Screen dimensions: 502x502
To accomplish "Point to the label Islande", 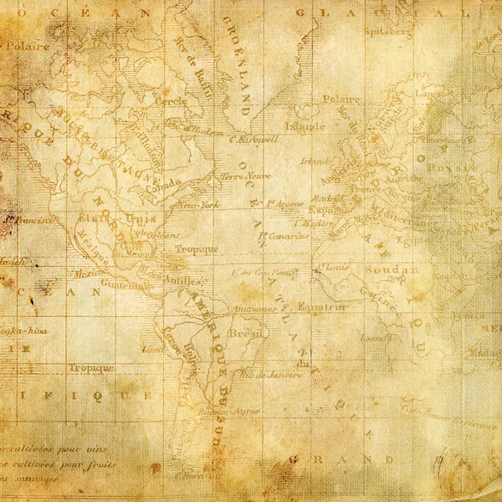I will tap(305, 127).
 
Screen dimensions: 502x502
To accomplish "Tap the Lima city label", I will tap(152, 349).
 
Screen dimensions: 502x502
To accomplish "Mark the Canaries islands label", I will tap(286, 237).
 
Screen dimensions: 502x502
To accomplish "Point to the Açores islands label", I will tap(285, 203).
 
